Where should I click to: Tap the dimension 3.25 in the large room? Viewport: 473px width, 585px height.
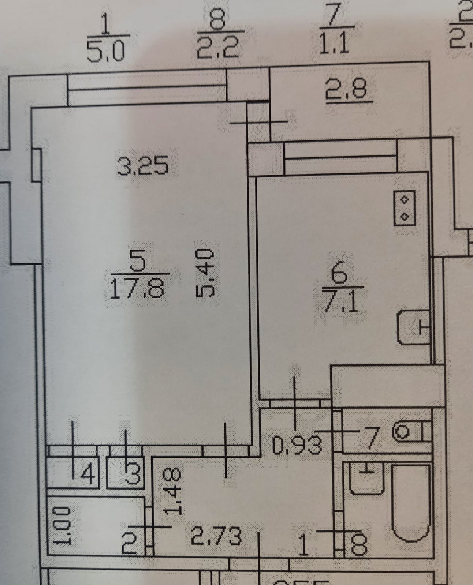point(143,165)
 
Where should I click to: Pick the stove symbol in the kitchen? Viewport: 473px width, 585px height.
point(405,208)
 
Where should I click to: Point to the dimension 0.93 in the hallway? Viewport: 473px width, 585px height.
point(297,445)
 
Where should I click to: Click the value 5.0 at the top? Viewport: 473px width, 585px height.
point(106,52)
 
